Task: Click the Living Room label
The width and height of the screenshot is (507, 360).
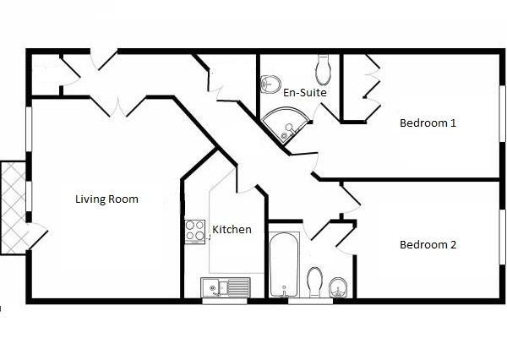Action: coord(106,199)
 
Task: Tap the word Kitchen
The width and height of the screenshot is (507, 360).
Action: coord(232,229)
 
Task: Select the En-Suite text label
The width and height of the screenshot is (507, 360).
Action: coord(305,92)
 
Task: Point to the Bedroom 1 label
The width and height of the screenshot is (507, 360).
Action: coord(428,123)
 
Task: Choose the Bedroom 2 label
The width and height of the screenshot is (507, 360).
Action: coord(428,245)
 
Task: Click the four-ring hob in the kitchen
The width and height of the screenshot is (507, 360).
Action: coord(195,231)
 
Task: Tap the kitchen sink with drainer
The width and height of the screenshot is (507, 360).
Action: coord(226,287)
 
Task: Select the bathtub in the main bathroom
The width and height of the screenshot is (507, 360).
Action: coord(281,265)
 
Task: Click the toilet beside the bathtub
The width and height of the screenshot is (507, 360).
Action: coord(314,281)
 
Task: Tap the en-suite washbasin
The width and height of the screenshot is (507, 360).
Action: coord(270,84)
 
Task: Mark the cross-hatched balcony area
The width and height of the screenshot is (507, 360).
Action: coord(13,207)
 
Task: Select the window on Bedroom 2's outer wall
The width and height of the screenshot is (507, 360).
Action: coord(500,237)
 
